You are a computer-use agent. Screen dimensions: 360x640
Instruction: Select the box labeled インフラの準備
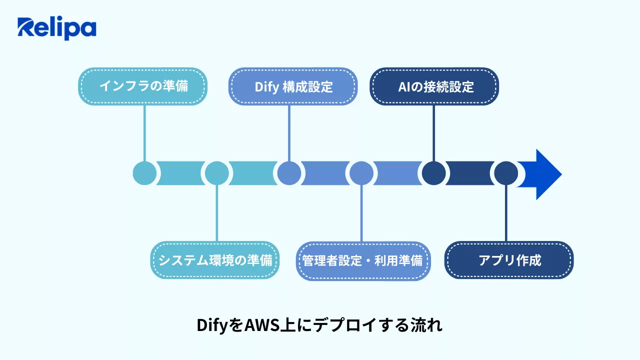(143, 86)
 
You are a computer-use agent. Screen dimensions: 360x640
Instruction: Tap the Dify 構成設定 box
(293, 86)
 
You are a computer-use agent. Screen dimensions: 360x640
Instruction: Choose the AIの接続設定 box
(434, 86)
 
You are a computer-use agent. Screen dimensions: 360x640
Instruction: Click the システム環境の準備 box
(215, 260)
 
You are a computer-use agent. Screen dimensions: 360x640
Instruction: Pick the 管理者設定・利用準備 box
(363, 260)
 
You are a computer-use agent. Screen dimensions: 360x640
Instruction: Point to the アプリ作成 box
(509, 260)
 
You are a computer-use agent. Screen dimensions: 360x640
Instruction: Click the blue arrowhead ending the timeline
(542, 174)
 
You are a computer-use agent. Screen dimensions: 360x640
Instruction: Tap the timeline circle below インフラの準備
(144, 173)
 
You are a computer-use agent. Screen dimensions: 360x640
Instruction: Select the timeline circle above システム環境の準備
(216, 173)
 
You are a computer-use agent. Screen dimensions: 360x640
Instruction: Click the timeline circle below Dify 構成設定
(289, 173)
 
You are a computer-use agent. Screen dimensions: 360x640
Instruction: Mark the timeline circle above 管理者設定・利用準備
(361, 173)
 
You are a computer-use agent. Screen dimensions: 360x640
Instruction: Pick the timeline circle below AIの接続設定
(433, 173)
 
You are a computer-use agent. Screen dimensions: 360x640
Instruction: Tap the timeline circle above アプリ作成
(506, 173)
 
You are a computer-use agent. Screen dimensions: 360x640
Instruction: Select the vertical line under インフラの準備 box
(144, 132)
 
